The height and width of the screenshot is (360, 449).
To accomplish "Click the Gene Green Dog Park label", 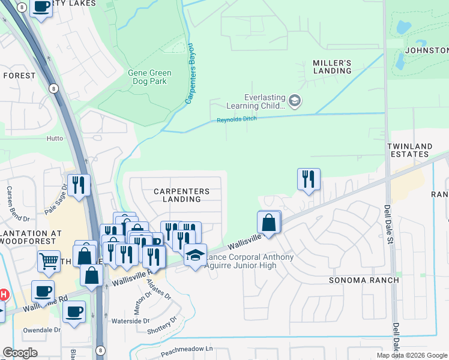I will [149, 77].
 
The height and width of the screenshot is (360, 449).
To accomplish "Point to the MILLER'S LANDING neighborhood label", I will [332, 67].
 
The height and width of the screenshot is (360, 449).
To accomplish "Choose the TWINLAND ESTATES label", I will [416, 150].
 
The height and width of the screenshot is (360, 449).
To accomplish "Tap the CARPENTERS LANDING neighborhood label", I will [181, 195].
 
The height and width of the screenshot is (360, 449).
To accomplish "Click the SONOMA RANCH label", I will [364, 280].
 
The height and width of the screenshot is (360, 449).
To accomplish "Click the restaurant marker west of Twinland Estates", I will [308, 178].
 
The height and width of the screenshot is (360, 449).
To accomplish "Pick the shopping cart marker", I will [49, 261].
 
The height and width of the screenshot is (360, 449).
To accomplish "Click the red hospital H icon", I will [4, 295].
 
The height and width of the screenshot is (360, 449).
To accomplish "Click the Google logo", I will [20, 353].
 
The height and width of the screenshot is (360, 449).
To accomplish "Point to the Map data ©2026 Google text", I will [411, 355].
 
